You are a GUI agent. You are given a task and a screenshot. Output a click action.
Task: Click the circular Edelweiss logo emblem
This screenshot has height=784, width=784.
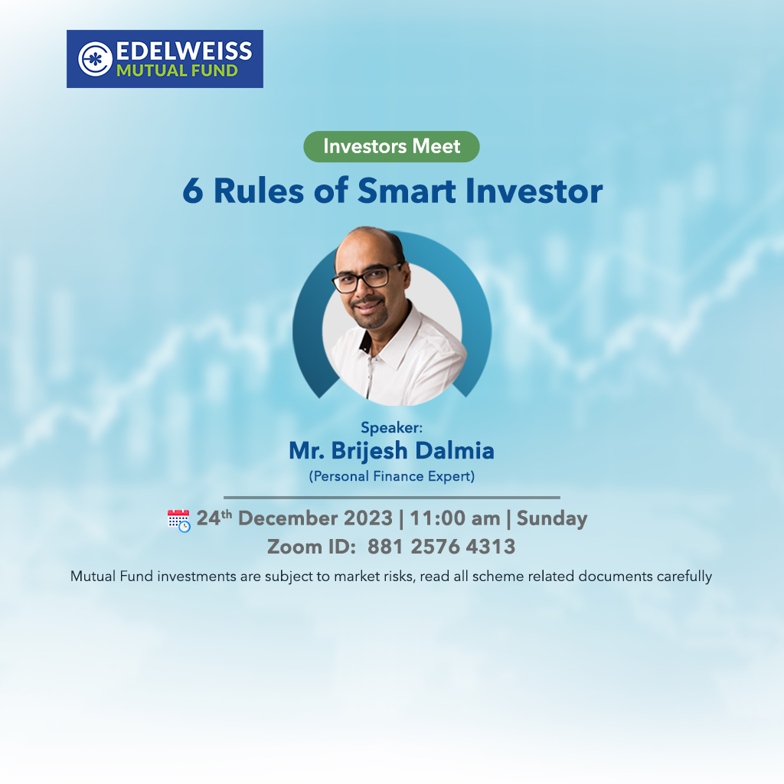(x=95, y=59)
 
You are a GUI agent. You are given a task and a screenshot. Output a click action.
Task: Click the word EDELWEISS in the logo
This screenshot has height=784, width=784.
(x=184, y=51)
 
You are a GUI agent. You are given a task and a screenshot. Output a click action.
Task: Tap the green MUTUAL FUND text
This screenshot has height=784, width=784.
(x=177, y=71)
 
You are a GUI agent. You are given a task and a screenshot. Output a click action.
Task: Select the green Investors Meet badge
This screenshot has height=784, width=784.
(x=391, y=146)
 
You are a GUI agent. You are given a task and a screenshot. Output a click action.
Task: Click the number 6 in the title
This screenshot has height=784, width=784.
(x=193, y=191)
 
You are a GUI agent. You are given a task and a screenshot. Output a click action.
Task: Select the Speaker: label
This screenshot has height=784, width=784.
(x=391, y=427)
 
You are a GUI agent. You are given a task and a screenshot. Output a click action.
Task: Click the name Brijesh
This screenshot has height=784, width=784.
(x=370, y=451)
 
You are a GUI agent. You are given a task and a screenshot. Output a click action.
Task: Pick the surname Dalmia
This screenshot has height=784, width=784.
(x=455, y=450)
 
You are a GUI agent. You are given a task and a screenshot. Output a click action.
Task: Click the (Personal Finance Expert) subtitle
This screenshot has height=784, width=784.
(x=391, y=476)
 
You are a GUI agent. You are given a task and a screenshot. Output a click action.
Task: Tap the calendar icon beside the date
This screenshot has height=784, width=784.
(x=178, y=521)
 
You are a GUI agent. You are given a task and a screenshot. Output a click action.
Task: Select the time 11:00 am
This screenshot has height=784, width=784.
(x=455, y=518)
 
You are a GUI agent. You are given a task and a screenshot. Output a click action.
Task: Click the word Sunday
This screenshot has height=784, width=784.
(x=552, y=519)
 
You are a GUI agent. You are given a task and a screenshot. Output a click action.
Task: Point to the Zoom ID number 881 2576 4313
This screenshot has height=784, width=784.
(x=442, y=547)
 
